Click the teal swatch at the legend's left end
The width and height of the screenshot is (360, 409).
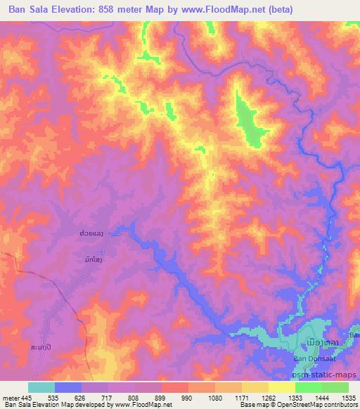click(41, 387)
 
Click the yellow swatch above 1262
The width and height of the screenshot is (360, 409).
click(255, 387)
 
